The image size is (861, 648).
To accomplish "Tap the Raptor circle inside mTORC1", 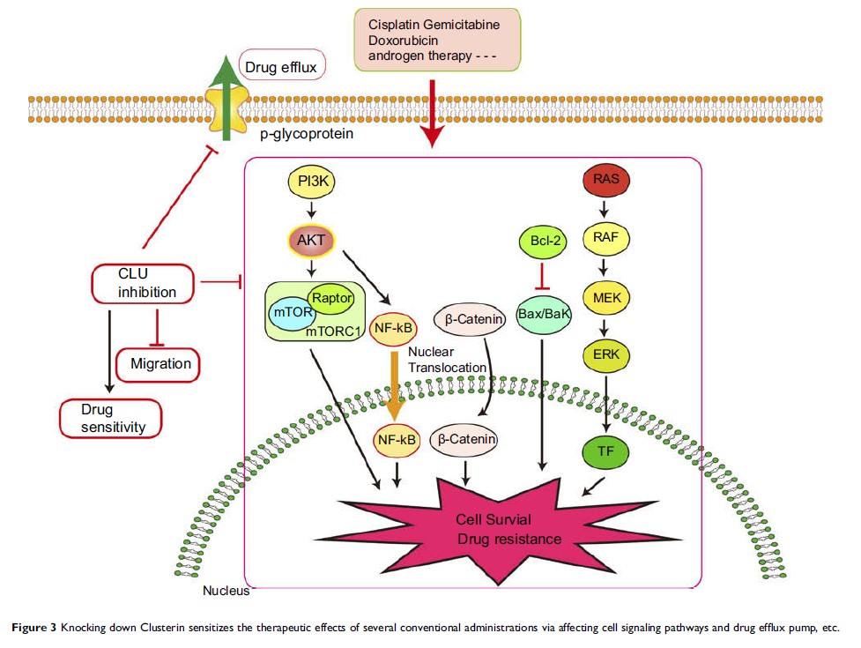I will tap(331, 298).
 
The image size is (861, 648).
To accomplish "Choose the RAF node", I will tap(605, 238).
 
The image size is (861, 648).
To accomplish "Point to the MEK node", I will tap(606, 297).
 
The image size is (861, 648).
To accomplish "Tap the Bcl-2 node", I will tap(541, 240).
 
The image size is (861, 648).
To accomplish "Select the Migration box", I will tap(159, 362).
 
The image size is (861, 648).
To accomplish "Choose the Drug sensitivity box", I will tap(110, 419).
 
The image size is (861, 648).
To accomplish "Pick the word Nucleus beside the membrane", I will tap(226, 591).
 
